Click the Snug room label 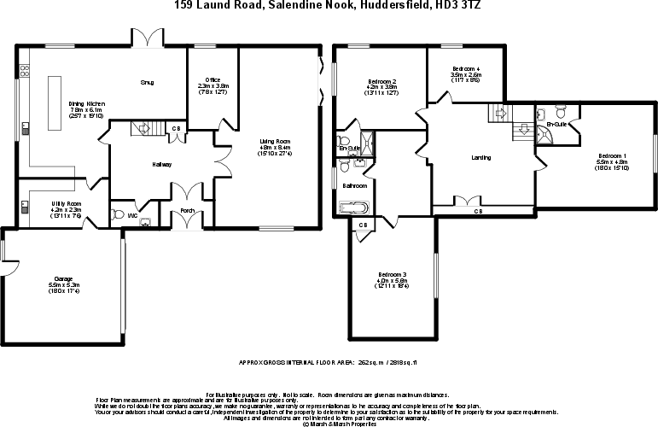coord(147,83)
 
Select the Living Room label coord(276,141)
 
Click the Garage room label coord(63,278)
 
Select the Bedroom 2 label coord(381,80)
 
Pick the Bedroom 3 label coord(392,274)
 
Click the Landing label coord(481,158)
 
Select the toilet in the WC coord(119,213)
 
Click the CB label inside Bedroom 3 coord(363,225)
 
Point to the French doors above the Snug coord(153,38)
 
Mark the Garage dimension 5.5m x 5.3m coord(63,286)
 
